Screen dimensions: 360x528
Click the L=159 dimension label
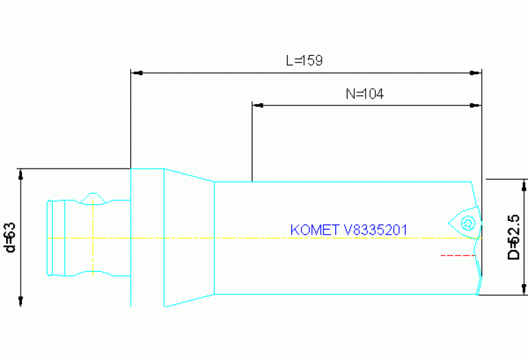click(x=304, y=61)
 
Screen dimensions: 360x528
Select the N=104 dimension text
click(x=364, y=94)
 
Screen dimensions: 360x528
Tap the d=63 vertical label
click(x=10, y=237)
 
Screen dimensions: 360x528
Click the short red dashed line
click(x=458, y=255)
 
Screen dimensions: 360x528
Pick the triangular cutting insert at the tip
click(x=465, y=222)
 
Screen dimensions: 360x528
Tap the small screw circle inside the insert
click(x=468, y=222)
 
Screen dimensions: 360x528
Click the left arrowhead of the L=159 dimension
click(x=136, y=72)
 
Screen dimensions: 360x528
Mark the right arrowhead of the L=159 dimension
click(x=476, y=72)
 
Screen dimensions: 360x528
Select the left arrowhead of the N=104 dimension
click(x=257, y=106)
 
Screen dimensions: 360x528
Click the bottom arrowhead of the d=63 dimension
click(x=21, y=300)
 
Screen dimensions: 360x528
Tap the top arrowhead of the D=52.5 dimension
click(x=524, y=184)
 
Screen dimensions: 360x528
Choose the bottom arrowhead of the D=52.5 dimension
click(x=524, y=290)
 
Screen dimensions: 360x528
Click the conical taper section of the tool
click(x=189, y=237)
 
